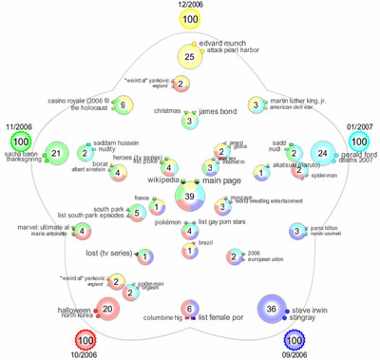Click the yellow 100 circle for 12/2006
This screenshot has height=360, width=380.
click(x=190, y=20)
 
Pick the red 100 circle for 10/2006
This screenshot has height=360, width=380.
click(x=85, y=339)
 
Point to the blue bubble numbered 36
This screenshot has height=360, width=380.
click(x=273, y=310)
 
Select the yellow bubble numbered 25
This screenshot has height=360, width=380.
click(x=190, y=57)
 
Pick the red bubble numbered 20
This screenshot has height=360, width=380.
click(x=107, y=308)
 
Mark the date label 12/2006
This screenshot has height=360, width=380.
click(x=190, y=5)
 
